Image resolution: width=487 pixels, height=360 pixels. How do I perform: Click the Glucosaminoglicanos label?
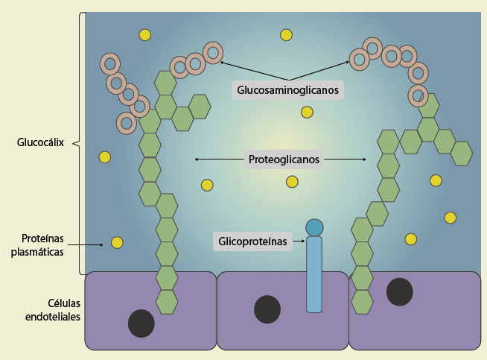288,90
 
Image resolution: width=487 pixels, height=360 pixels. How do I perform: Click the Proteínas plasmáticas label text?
42,245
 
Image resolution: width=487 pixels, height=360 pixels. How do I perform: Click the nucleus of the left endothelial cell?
141,323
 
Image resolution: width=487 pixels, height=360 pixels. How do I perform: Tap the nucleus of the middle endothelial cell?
267,309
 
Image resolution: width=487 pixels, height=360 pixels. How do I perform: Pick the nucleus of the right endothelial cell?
400,291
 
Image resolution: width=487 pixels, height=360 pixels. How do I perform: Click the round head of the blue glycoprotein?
314,227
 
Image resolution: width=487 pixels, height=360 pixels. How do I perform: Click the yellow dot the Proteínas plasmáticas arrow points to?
117,242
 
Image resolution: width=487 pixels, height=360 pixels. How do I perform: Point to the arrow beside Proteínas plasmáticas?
89,244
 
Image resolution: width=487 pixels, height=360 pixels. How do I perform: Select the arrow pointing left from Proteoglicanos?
219,159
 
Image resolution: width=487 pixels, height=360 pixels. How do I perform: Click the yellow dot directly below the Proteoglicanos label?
292,182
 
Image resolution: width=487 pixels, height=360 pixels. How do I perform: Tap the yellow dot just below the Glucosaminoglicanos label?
307,112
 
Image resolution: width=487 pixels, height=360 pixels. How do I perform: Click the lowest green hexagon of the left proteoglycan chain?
167,301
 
